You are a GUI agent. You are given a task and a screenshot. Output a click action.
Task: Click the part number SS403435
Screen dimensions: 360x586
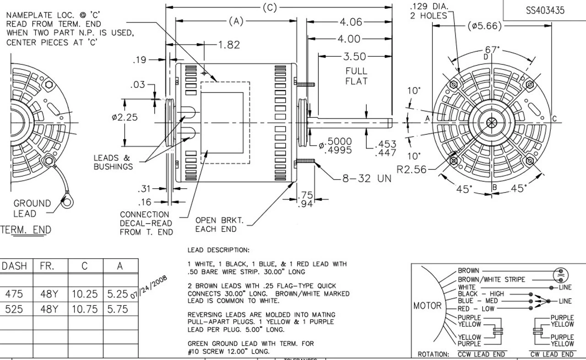click(545, 10)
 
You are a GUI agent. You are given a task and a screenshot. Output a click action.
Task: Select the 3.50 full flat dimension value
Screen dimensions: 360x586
click(355, 56)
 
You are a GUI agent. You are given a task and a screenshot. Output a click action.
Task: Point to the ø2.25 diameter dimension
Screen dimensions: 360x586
click(125, 117)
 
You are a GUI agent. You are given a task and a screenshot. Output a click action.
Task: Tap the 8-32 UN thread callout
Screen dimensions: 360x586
click(367, 178)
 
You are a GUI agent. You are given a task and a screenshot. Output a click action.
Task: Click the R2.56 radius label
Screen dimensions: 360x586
click(411, 170)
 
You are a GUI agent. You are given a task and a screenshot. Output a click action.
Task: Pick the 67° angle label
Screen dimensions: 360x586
click(491, 50)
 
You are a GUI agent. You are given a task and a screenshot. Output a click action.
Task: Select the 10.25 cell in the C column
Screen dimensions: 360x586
click(85, 294)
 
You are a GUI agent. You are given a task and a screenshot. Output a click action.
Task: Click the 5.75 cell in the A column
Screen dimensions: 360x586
click(118, 309)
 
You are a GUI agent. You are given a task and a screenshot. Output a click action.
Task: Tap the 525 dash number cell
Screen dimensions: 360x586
click(14, 309)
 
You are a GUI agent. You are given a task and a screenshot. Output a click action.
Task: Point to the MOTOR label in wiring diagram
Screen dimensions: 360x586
click(428, 305)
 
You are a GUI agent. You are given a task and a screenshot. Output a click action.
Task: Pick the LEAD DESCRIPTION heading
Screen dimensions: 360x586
click(218, 250)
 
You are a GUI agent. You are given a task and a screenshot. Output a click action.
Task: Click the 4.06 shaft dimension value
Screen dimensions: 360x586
click(351, 22)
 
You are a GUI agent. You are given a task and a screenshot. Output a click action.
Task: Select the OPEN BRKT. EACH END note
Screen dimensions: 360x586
click(216, 224)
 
